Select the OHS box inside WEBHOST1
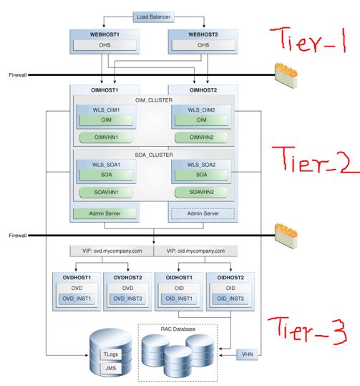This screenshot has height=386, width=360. click(104, 46)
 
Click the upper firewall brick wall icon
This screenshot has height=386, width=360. click(288, 72)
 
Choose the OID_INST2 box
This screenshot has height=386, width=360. click(230, 298)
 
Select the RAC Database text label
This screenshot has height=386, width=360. click(176, 330)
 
